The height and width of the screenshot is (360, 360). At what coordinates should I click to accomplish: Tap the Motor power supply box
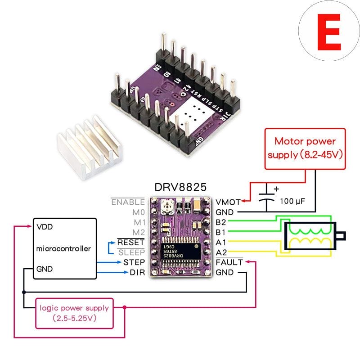point(306,148)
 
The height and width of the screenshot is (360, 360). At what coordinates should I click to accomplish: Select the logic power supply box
point(74,313)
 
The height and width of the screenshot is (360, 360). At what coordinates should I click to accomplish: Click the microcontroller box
point(65,248)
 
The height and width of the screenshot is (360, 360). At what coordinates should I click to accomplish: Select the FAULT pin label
point(229,262)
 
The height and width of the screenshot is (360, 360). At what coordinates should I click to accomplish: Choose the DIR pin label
point(137,273)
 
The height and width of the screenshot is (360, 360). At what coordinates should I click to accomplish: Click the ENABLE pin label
point(128,202)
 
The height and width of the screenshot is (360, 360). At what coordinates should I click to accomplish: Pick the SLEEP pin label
point(131,252)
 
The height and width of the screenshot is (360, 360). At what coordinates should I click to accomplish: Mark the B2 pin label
point(220,222)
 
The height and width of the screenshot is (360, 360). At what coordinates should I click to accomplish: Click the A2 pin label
point(220,252)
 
